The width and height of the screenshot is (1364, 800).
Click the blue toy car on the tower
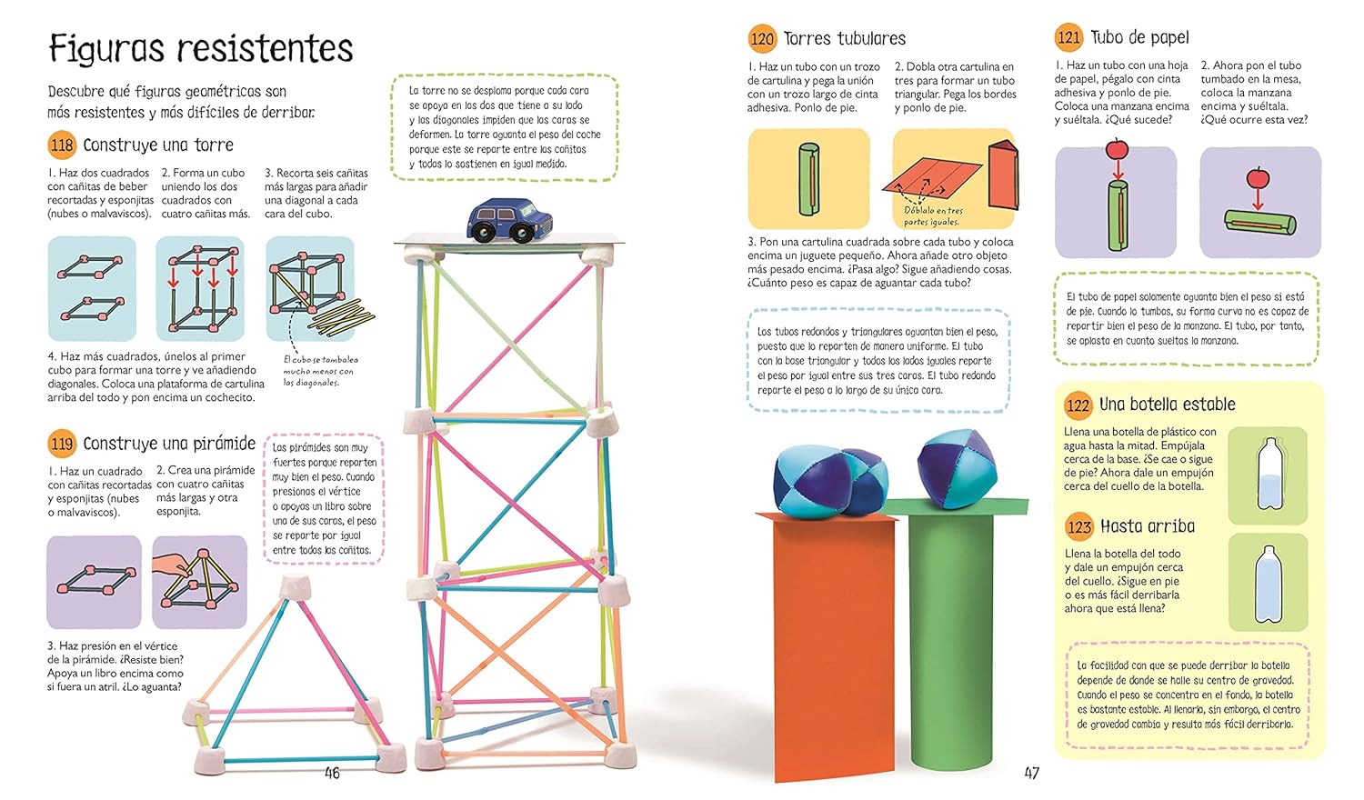pyautogui.click(x=509, y=220)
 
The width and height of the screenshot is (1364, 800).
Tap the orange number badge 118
pyautogui.click(x=62, y=145)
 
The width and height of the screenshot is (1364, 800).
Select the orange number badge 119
pyautogui.click(x=62, y=444)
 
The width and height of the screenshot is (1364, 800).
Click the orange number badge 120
pyautogui.click(x=762, y=39)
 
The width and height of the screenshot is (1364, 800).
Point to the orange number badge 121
pyautogui.click(x=1068, y=38)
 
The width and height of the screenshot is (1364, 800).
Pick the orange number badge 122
pyautogui.click(x=1078, y=405)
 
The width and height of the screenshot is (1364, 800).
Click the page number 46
pyautogui.click(x=332, y=774)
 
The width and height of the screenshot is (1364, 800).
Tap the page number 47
pyautogui.click(x=1031, y=774)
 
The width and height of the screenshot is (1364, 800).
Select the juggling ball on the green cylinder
pyautogui.click(x=957, y=468)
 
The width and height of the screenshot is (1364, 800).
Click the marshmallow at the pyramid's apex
pyautogui.click(x=296, y=586)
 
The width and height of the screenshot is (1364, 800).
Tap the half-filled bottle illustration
pyautogui.click(x=1270, y=474)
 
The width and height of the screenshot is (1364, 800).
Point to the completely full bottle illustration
pyautogui.click(x=1269, y=584)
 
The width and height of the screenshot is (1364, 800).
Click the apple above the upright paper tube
pyautogui.click(x=1117, y=148)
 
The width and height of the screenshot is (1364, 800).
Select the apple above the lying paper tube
pyautogui.click(x=1258, y=177)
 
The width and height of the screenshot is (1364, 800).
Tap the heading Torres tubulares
pyautogui.click(x=845, y=39)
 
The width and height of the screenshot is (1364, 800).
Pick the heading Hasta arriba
pyautogui.click(x=1148, y=526)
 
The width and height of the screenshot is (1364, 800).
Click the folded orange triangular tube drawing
pyautogui.click(x=1004, y=175)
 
